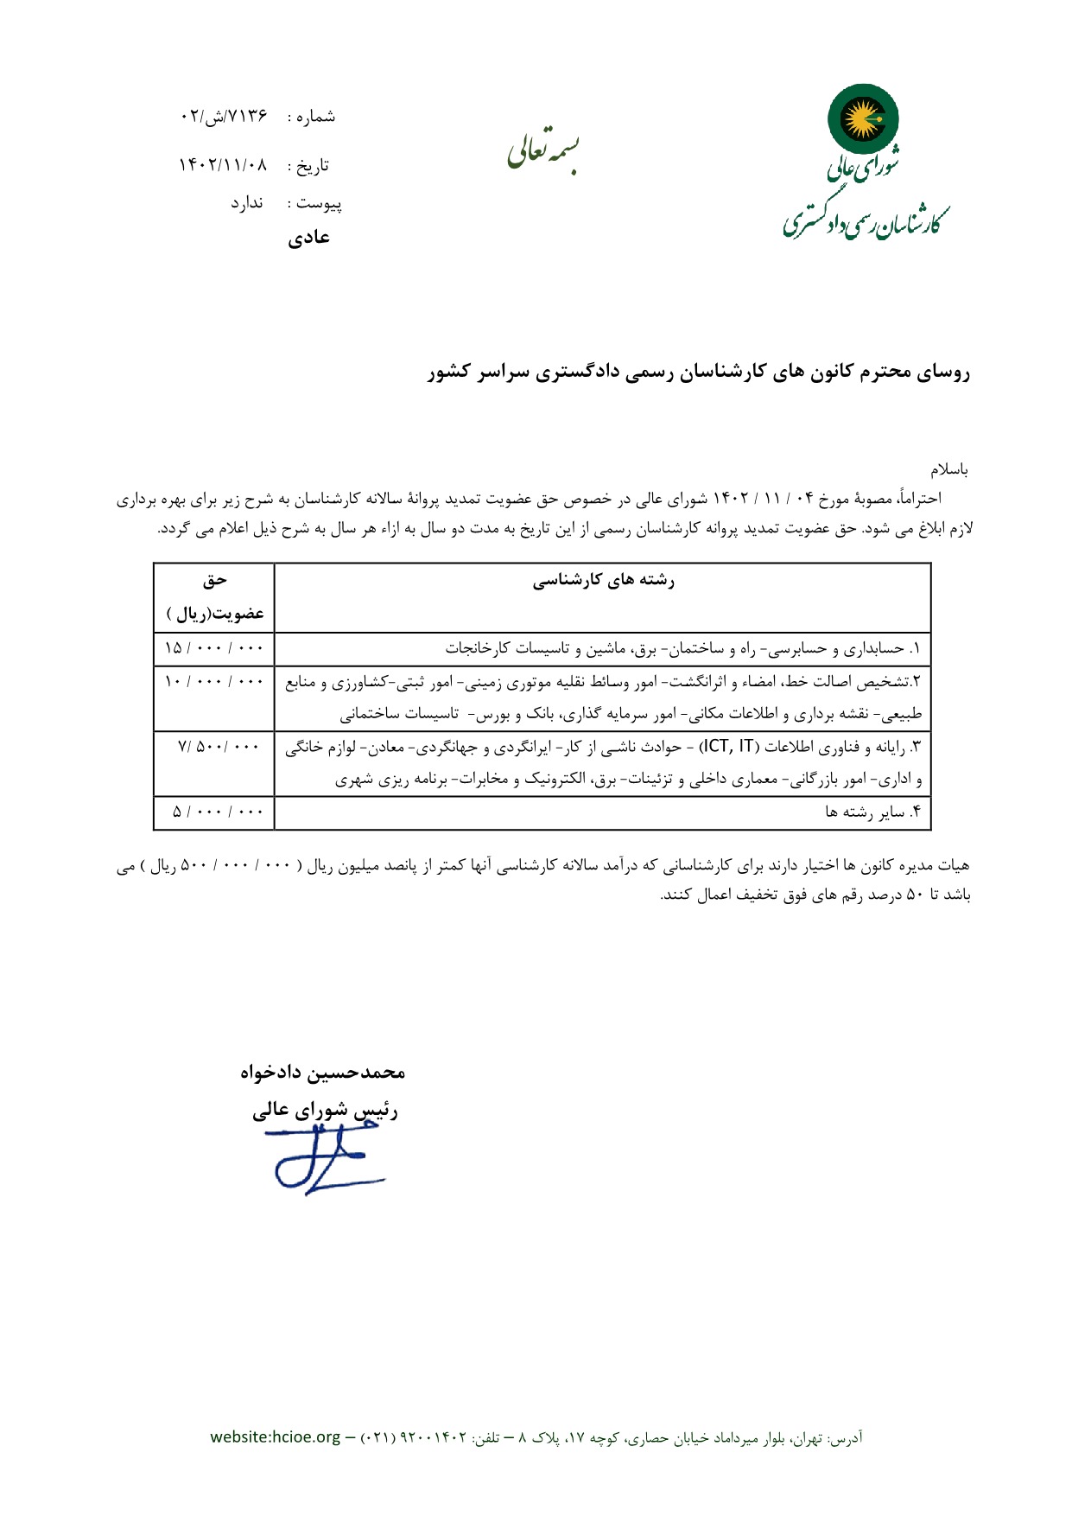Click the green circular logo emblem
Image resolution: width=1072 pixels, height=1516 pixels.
click(x=863, y=118)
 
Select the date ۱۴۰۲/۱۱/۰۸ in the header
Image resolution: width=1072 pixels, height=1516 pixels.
click(x=223, y=165)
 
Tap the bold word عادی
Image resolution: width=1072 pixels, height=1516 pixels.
click(x=308, y=238)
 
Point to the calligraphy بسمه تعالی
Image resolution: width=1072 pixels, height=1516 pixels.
click(x=542, y=150)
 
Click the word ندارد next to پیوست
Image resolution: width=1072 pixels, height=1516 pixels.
click(x=246, y=203)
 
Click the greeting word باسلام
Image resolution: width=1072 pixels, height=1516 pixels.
click(x=949, y=470)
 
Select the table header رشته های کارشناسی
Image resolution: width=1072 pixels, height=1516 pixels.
click(x=603, y=581)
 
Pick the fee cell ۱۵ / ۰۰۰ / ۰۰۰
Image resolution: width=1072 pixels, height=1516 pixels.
click(x=213, y=648)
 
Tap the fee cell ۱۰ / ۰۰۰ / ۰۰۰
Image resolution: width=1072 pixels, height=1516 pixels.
click(x=213, y=682)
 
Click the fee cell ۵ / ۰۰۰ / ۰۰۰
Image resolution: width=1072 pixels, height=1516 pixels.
click(x=217, y=812)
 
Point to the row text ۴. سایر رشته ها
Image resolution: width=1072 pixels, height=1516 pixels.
click(x=873, y=812)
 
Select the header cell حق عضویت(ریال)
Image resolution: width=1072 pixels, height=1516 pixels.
click(x=214, y=597)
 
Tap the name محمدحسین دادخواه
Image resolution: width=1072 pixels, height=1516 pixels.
click(x=322, y=1072)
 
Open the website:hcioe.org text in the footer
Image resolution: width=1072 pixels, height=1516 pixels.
click(x=276, y=1436)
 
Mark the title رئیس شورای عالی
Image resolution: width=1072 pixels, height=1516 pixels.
click(x=325, y=1111)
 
